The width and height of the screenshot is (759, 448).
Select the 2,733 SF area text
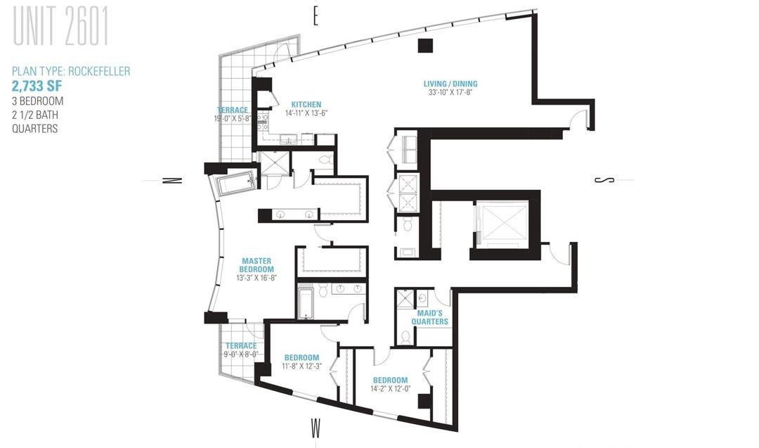(x=37, y=87)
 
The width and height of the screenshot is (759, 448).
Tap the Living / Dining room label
(x=450, y=84)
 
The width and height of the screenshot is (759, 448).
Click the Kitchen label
(x=306, y=105)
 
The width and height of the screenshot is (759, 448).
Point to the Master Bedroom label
(x=257, y=265)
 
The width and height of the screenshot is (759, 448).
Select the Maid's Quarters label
(x=430, y=317)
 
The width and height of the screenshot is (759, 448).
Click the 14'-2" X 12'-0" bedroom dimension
(x=390, y=388)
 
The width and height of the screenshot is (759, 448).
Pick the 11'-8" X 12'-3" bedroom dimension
(x=301, y=366)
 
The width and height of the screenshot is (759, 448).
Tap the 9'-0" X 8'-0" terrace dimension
(x=240, y=354)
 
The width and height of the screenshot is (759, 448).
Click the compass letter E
(x=316, y=17)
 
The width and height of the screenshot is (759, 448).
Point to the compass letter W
(x=316, y=428)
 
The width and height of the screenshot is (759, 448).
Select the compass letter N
(x=172, y=180)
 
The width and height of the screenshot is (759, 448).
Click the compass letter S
(x=604, y=180)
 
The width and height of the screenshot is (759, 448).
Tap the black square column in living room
(x=425, y=46)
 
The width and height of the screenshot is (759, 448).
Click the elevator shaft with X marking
(x=502, y=223)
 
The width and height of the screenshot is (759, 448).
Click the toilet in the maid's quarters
(x=406, y=337)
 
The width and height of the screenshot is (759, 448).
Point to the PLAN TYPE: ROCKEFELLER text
(x=71, y=72)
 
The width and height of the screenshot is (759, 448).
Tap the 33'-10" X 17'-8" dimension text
(x=450, y=92)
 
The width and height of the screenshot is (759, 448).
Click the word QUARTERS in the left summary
(x=35, y=129)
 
